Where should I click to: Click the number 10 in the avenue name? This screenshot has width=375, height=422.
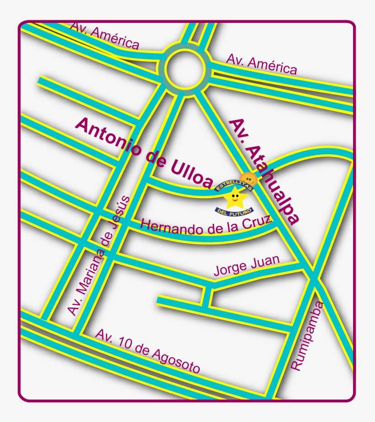click(126, 344)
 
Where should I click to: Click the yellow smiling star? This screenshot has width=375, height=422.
click(235, 198)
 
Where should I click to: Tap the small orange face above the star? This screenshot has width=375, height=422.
click(248, 178)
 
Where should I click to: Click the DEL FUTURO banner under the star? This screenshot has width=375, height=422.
click(234, 211)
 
